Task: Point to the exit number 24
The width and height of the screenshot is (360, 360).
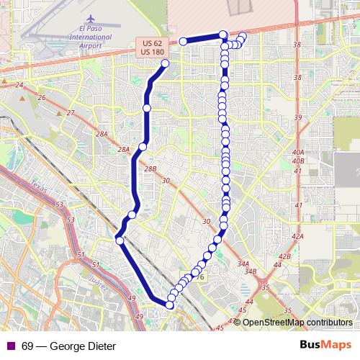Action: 20,86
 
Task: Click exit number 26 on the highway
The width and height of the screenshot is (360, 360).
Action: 42,98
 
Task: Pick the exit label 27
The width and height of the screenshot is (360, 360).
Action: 70,113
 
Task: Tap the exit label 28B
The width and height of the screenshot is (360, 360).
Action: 150,168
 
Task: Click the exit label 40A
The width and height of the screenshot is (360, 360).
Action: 299,153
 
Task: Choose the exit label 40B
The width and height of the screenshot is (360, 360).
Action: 299,161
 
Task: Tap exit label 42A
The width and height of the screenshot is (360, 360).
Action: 297,236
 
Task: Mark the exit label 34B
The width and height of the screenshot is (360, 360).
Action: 250,271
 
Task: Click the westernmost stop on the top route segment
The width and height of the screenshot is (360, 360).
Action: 184,41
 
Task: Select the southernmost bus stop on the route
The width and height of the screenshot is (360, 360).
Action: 170,305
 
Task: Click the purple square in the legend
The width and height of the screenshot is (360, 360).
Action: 10,346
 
